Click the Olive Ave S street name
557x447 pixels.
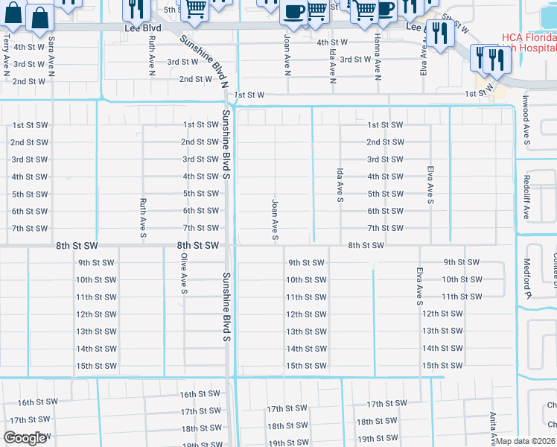coord(183,273)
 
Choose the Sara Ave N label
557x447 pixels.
coord(51,53)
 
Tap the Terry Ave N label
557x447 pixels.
coord(6,51)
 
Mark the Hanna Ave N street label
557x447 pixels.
coord(378,57)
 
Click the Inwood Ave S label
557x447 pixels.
coord(526,119)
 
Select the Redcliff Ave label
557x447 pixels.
coord(526,197)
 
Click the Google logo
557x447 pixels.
coord(25,438)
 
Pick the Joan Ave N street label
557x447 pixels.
coord(287,55)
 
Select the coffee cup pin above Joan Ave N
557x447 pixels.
coord(294,12)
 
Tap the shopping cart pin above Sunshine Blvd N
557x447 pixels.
coord(194,8)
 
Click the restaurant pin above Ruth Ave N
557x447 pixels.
coord(136,8)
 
